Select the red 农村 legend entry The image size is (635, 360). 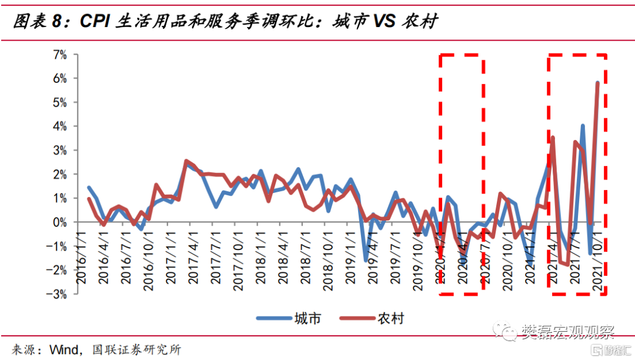373,318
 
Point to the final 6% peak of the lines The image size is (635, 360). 598,82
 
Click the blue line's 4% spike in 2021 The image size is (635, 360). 582,125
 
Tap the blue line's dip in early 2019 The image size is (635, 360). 365,260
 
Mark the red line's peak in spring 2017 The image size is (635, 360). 186,160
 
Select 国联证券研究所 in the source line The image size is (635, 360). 136,349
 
